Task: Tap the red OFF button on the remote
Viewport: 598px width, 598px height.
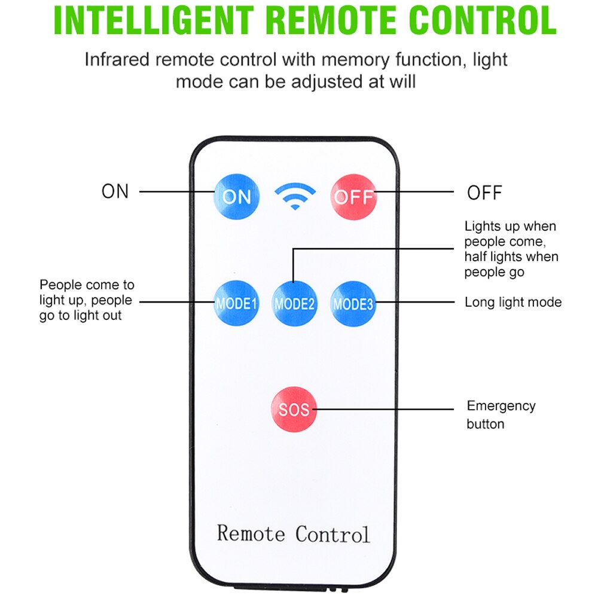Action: tap(353, 197)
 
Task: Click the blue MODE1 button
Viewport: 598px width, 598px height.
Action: tap(237, 303)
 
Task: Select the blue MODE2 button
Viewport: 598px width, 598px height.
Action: tap(294, 303)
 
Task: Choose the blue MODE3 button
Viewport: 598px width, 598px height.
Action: tap(353, 303)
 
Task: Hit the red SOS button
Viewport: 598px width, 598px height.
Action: tap(294, 410)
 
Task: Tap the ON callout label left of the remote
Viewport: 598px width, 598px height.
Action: tap(115, 191)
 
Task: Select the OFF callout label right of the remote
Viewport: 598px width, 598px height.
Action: tap(484, 193)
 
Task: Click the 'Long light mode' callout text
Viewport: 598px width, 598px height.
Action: tap(513, 302)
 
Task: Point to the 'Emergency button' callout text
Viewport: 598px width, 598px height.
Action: tap(501, 414)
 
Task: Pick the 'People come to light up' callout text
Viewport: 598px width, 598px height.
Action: tap(87, 300)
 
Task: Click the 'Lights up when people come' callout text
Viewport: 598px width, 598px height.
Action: tap(511, 249)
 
